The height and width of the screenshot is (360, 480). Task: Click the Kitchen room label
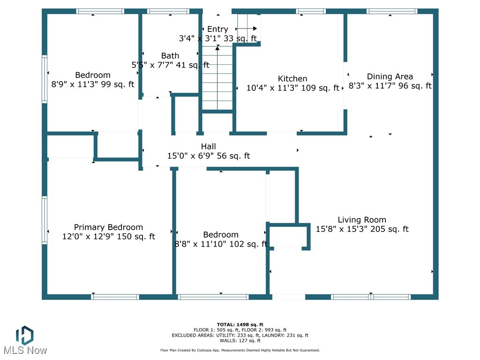click(x=292, y=79)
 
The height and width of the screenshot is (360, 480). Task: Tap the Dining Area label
click(x=390, y=76)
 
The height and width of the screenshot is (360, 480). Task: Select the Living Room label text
click(x=362, y=220)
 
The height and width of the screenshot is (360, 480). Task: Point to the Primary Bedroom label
click(x=108, y=227)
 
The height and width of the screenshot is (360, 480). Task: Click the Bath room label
click(x=170, y=56)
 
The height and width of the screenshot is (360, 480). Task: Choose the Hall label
click(x=208, y=146)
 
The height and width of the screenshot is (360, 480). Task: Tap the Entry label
click(x=217, y=29)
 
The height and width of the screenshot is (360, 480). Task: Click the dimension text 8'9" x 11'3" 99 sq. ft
click(x=93, y=84)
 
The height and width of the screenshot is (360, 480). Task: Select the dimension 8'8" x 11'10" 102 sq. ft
click(x=221, y=244)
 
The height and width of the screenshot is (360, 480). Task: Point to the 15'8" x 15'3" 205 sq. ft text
click(x=362, y=229)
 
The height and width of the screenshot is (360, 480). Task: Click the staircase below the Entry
click(x=217, y=78)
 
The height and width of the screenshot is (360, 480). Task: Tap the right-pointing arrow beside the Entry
click(x=247, y=29)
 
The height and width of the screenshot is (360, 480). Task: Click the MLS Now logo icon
click(x=25, y=335)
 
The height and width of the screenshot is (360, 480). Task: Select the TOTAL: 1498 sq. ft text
click(x=240, y=324)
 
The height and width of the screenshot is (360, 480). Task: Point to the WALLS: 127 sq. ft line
click(x=240, y=340)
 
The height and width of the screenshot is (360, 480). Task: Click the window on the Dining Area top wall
click(x=392, y=11)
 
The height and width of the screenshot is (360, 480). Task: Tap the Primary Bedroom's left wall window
click(x=45, y=220)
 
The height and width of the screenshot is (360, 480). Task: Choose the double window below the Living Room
click(x=371, y=297)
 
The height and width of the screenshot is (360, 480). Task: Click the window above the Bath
click(x=168, y=11)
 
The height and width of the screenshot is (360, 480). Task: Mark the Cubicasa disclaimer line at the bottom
click(x=240, y=350)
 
